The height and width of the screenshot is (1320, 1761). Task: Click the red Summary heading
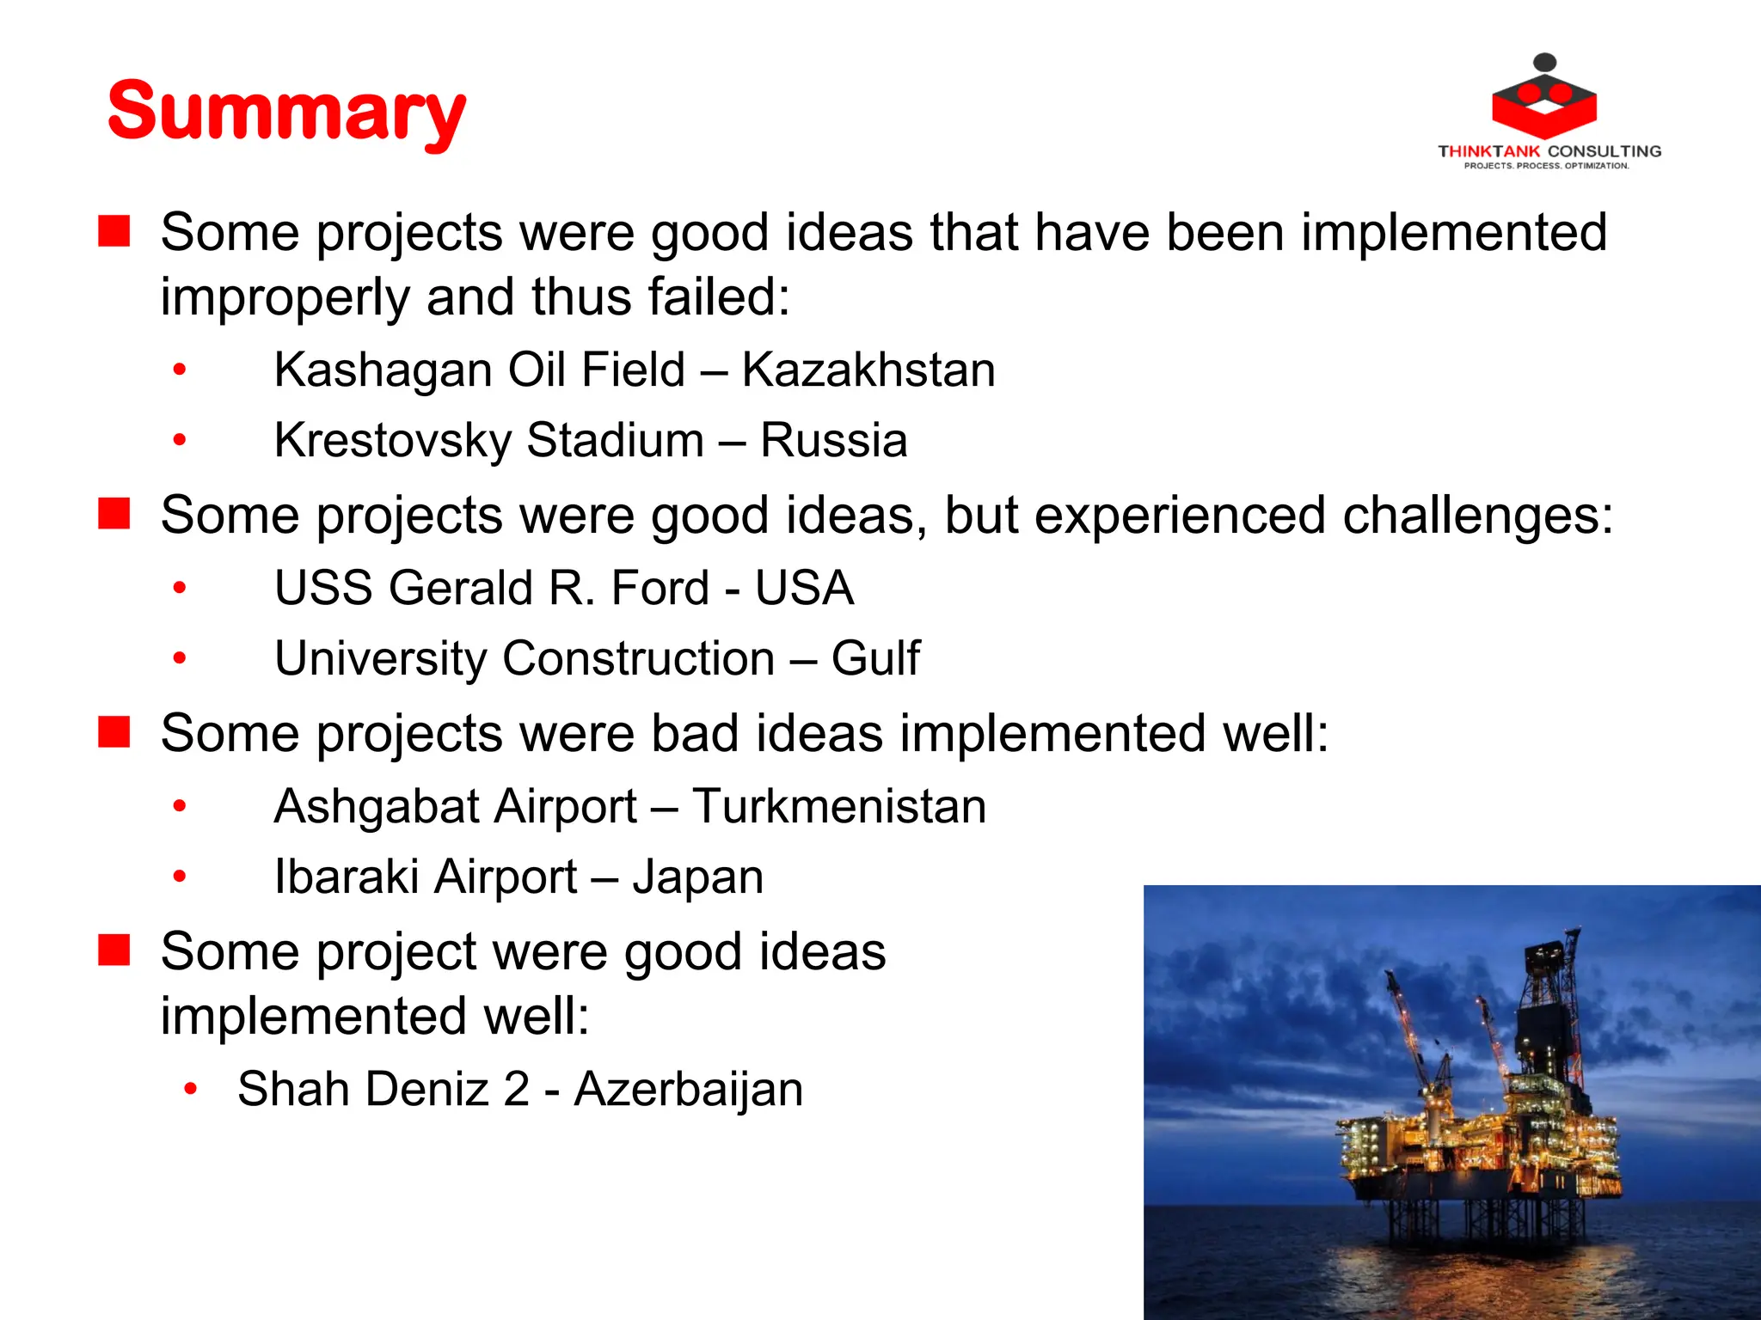(x=286, y=112)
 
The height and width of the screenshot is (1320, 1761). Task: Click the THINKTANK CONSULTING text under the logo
(x=1549, y=151)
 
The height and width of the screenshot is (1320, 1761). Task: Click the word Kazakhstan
(x=868, y=370)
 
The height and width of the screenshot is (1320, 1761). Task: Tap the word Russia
(x=833, y=441)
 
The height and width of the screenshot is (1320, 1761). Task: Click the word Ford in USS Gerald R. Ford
(x=660, y=589)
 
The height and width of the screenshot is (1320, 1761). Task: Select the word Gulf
(x=875, y=659)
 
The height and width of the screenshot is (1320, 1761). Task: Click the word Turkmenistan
(x=839, y=807)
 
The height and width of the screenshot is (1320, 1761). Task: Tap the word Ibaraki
(x=353, y=877)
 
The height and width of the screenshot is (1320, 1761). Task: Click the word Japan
(x=698, y=878)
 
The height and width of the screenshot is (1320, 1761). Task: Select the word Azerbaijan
(x=689, y=1090)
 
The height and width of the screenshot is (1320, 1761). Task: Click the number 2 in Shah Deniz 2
(x=516, y=1090)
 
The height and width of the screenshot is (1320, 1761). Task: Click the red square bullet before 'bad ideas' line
(x=114, y=733)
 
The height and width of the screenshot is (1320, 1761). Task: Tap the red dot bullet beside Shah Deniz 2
(x=191, y=1090)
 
